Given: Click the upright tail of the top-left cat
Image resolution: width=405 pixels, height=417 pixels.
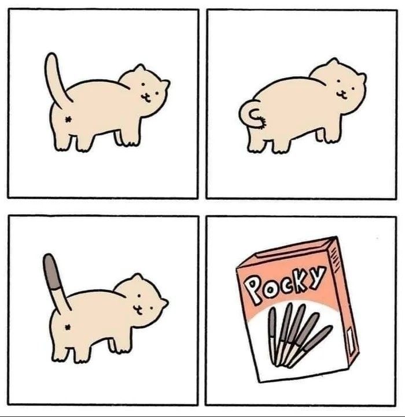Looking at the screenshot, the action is [x=54, y=80].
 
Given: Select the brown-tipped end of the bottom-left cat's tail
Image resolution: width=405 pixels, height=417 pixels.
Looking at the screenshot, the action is [x=51, y=272].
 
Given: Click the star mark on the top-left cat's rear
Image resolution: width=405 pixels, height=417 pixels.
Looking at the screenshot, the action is [x=68, y=120].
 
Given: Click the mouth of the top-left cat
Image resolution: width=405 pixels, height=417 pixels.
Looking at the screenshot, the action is [x=145, y=98].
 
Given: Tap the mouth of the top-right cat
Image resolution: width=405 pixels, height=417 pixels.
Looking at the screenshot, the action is [x=341, y=94].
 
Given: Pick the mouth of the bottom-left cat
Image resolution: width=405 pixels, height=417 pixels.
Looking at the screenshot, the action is [x=138, y=310].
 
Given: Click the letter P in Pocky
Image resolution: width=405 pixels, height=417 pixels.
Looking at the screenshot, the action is [x=253, y=289].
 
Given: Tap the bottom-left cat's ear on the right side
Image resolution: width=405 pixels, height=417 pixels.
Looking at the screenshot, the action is [x=164, y=303].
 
